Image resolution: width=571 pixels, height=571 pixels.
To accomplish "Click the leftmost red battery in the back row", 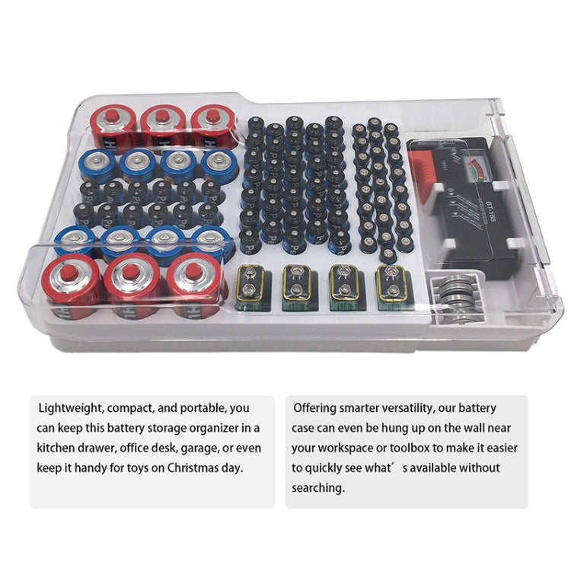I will pos(114,127).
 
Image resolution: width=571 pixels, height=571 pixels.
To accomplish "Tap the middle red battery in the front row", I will pos(130,286).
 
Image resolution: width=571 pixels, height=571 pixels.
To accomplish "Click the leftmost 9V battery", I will pos(250,288).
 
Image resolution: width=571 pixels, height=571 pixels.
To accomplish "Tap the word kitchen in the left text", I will pos(58,448).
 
